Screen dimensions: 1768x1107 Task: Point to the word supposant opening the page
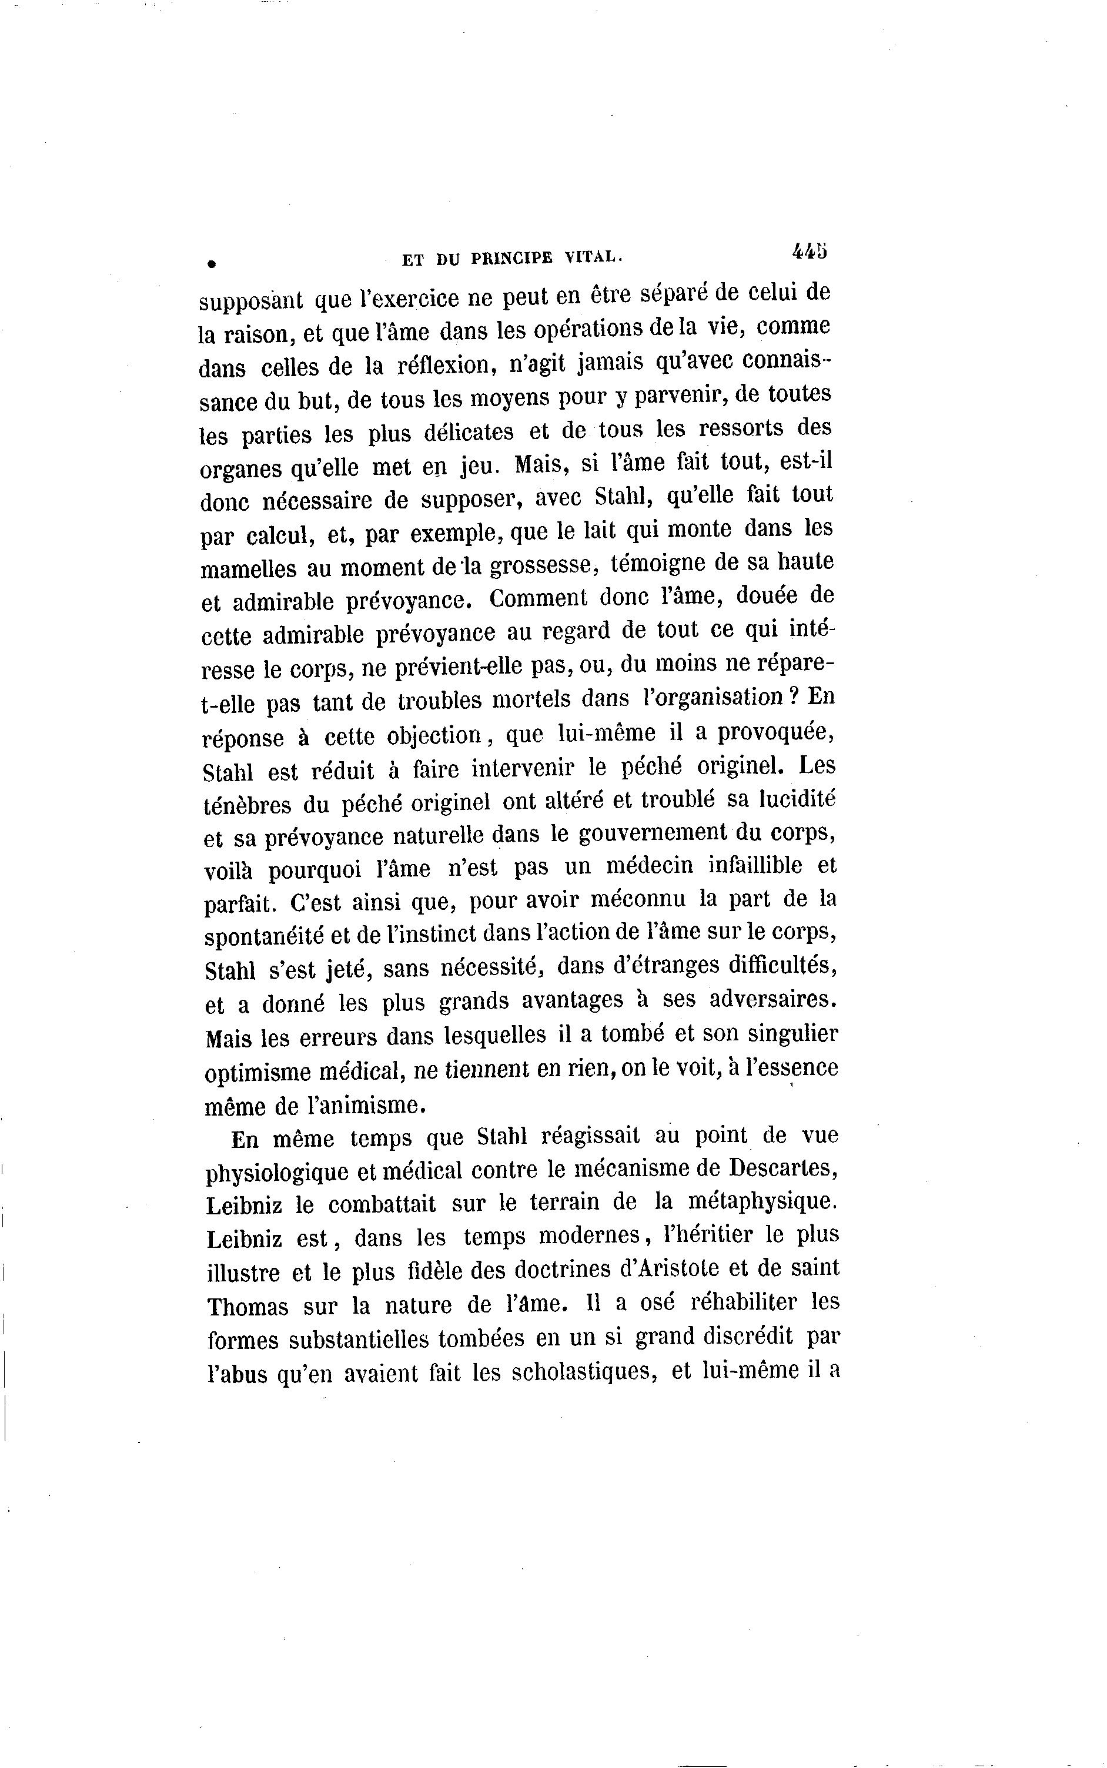[251, 300]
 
